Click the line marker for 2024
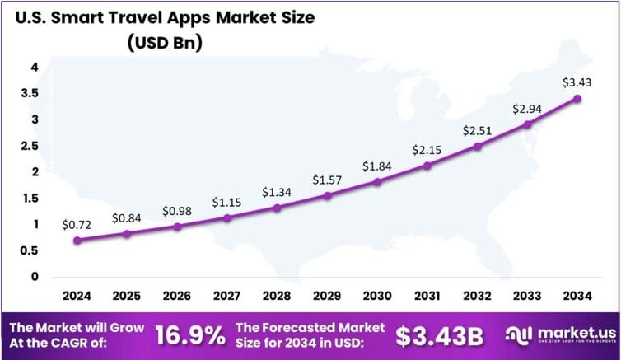click(77, 241)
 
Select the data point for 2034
click(577, 99)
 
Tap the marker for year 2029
click(327, 196)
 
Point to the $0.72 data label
click(77, 224)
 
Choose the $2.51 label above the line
click(477, 130)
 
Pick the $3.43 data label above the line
click(577, 82)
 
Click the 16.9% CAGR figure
click(190, 334)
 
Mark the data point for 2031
click(427, 166)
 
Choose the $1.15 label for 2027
click(226, 201)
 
